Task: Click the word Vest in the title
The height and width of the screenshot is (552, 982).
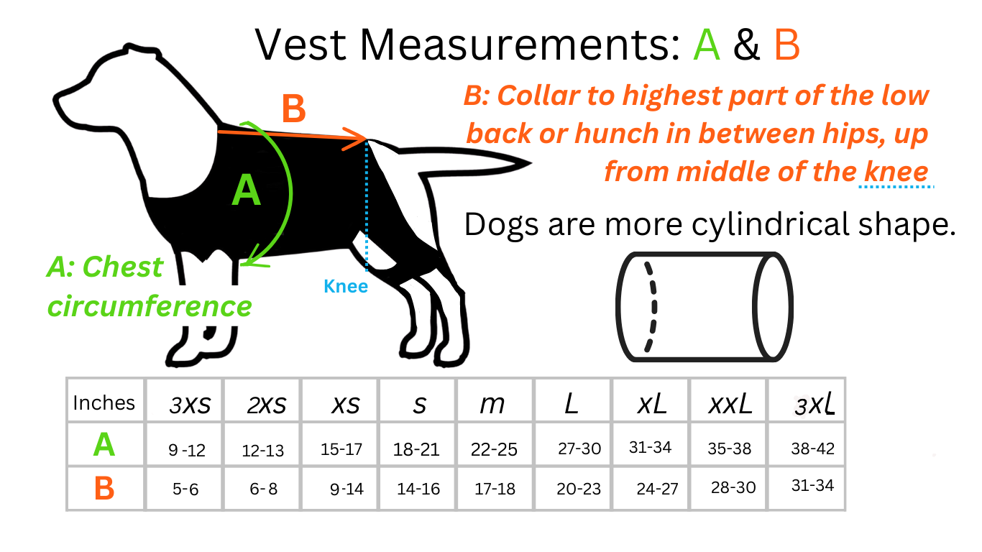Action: click(x=300, y=45)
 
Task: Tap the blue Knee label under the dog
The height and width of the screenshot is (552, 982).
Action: click(x=346, y=286)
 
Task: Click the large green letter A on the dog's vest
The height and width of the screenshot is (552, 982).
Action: click(x=247, y=190)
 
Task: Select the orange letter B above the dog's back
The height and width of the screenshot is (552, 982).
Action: click(x=293, y=109)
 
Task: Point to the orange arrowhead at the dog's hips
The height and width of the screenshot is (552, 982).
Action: click(x=356, y=139)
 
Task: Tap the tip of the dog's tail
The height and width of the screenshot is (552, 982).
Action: click(x=531, y=163)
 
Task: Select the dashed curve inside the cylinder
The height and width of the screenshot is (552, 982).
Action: click(x=651, y=307)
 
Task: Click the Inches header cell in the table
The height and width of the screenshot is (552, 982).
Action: click(x=104, y=402)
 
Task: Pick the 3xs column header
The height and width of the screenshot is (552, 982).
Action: click(x=190, y=404)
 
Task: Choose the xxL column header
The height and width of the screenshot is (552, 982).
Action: click(x=730, y=404)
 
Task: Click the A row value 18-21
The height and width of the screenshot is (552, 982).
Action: click(x=416, y=449)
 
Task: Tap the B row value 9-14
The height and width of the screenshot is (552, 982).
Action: click(x=347, y=489)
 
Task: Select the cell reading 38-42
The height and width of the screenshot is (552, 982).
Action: click(x=812, y=448)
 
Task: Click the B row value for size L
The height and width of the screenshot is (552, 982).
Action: click(x=579, y=489)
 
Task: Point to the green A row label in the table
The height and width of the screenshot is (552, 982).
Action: click(x=104, y=445)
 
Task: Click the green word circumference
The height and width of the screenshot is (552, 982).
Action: click(x=150, y=305)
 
